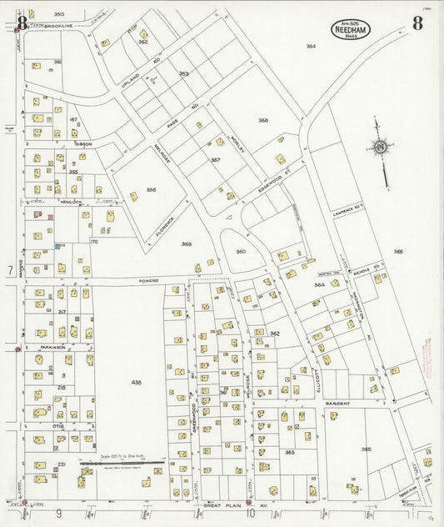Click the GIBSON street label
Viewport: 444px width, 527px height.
click(82, 144)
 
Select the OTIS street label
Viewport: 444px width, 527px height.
click(58, 426)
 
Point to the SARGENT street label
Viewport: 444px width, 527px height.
click(337, 403)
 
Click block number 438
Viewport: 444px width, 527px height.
click(137, 382)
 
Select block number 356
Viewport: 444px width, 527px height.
click(151, 189)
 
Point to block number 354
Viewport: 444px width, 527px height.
click(311, 47)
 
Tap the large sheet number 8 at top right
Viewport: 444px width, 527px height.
click(417, 23)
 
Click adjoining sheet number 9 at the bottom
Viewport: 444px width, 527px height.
click(59, 514)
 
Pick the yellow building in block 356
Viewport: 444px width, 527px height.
click(133, 197)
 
